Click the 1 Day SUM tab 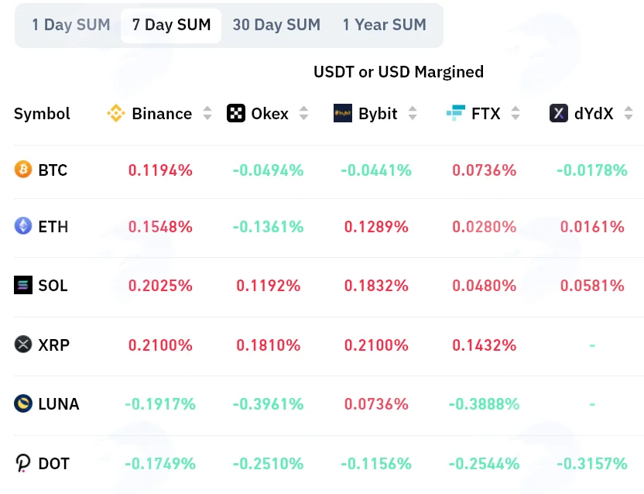pos(71,25)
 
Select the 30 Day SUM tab pos(276,25)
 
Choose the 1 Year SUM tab pos(385,25)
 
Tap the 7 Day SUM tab pos(171,25)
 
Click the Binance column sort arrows pos(207,113)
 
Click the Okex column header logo pos(236,113)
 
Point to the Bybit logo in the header pos(343,113)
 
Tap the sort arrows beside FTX pos(516,113)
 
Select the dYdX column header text pos(594,113)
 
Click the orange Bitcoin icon pos(23,170)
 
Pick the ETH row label pos(53,226)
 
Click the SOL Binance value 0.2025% pos(160,286)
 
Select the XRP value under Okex pos(268,345)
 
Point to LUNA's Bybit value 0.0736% pos(376,404)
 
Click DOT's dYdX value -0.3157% pos(592,464)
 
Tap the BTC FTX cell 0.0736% pos(485,170)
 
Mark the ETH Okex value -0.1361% pos(268,226)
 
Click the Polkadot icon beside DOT pos(23,463)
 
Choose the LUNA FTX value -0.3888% pos(484,404)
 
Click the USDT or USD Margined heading pos(399,72)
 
